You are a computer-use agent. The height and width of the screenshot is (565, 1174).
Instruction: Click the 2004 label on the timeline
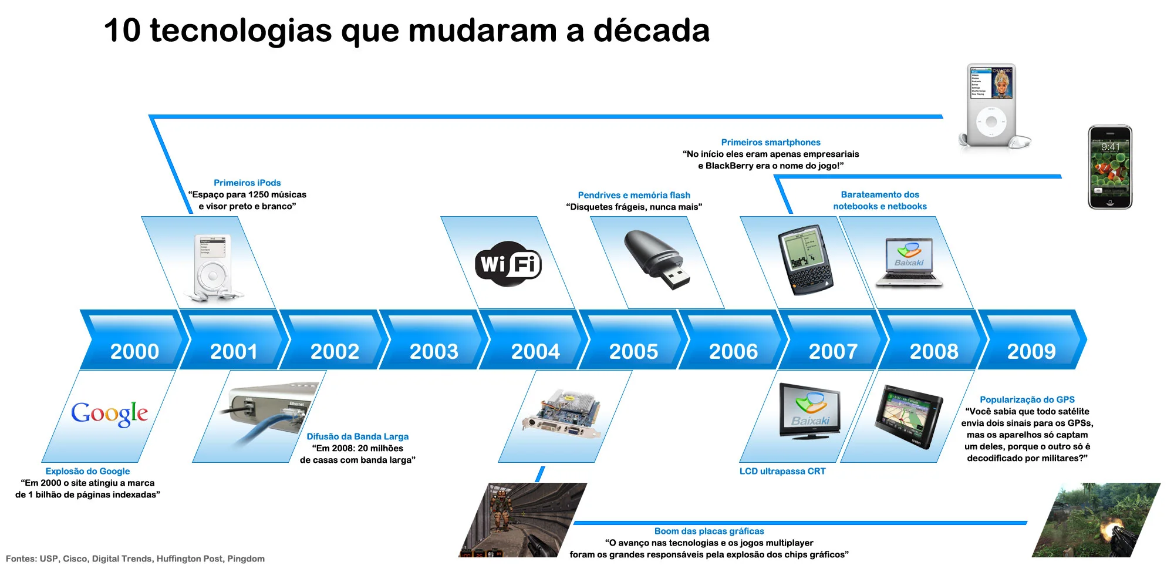(535, 351)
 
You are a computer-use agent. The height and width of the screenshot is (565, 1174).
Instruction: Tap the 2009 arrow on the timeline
(1031, 351)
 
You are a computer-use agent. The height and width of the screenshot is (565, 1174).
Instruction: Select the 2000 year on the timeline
(134, 351)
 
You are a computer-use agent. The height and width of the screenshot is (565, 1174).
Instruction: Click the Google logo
(109, 413)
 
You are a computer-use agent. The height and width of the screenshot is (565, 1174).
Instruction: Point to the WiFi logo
(508, 264)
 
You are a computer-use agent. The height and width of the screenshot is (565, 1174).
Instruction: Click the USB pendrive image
(656, 259)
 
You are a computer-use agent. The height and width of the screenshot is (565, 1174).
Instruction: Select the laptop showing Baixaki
(909, 263)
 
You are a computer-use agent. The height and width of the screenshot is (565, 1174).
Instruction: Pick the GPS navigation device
(908, 417)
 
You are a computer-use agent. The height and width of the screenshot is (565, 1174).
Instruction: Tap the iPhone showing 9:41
(1109, 167)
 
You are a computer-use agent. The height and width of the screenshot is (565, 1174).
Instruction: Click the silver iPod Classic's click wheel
(991, 122)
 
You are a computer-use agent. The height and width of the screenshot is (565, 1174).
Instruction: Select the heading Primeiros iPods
(247, 183)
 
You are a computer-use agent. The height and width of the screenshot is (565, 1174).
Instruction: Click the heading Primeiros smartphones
(770, 142)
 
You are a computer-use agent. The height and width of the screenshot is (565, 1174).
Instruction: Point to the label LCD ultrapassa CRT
(782, 471)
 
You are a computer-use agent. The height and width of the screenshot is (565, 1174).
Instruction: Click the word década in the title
(651, 31)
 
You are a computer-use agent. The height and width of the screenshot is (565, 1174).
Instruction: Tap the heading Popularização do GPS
(1027, 399)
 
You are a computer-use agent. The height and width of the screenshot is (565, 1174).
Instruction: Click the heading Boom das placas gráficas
(709, 531)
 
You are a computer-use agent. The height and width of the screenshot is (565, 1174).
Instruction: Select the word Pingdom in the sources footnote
(245, 559)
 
